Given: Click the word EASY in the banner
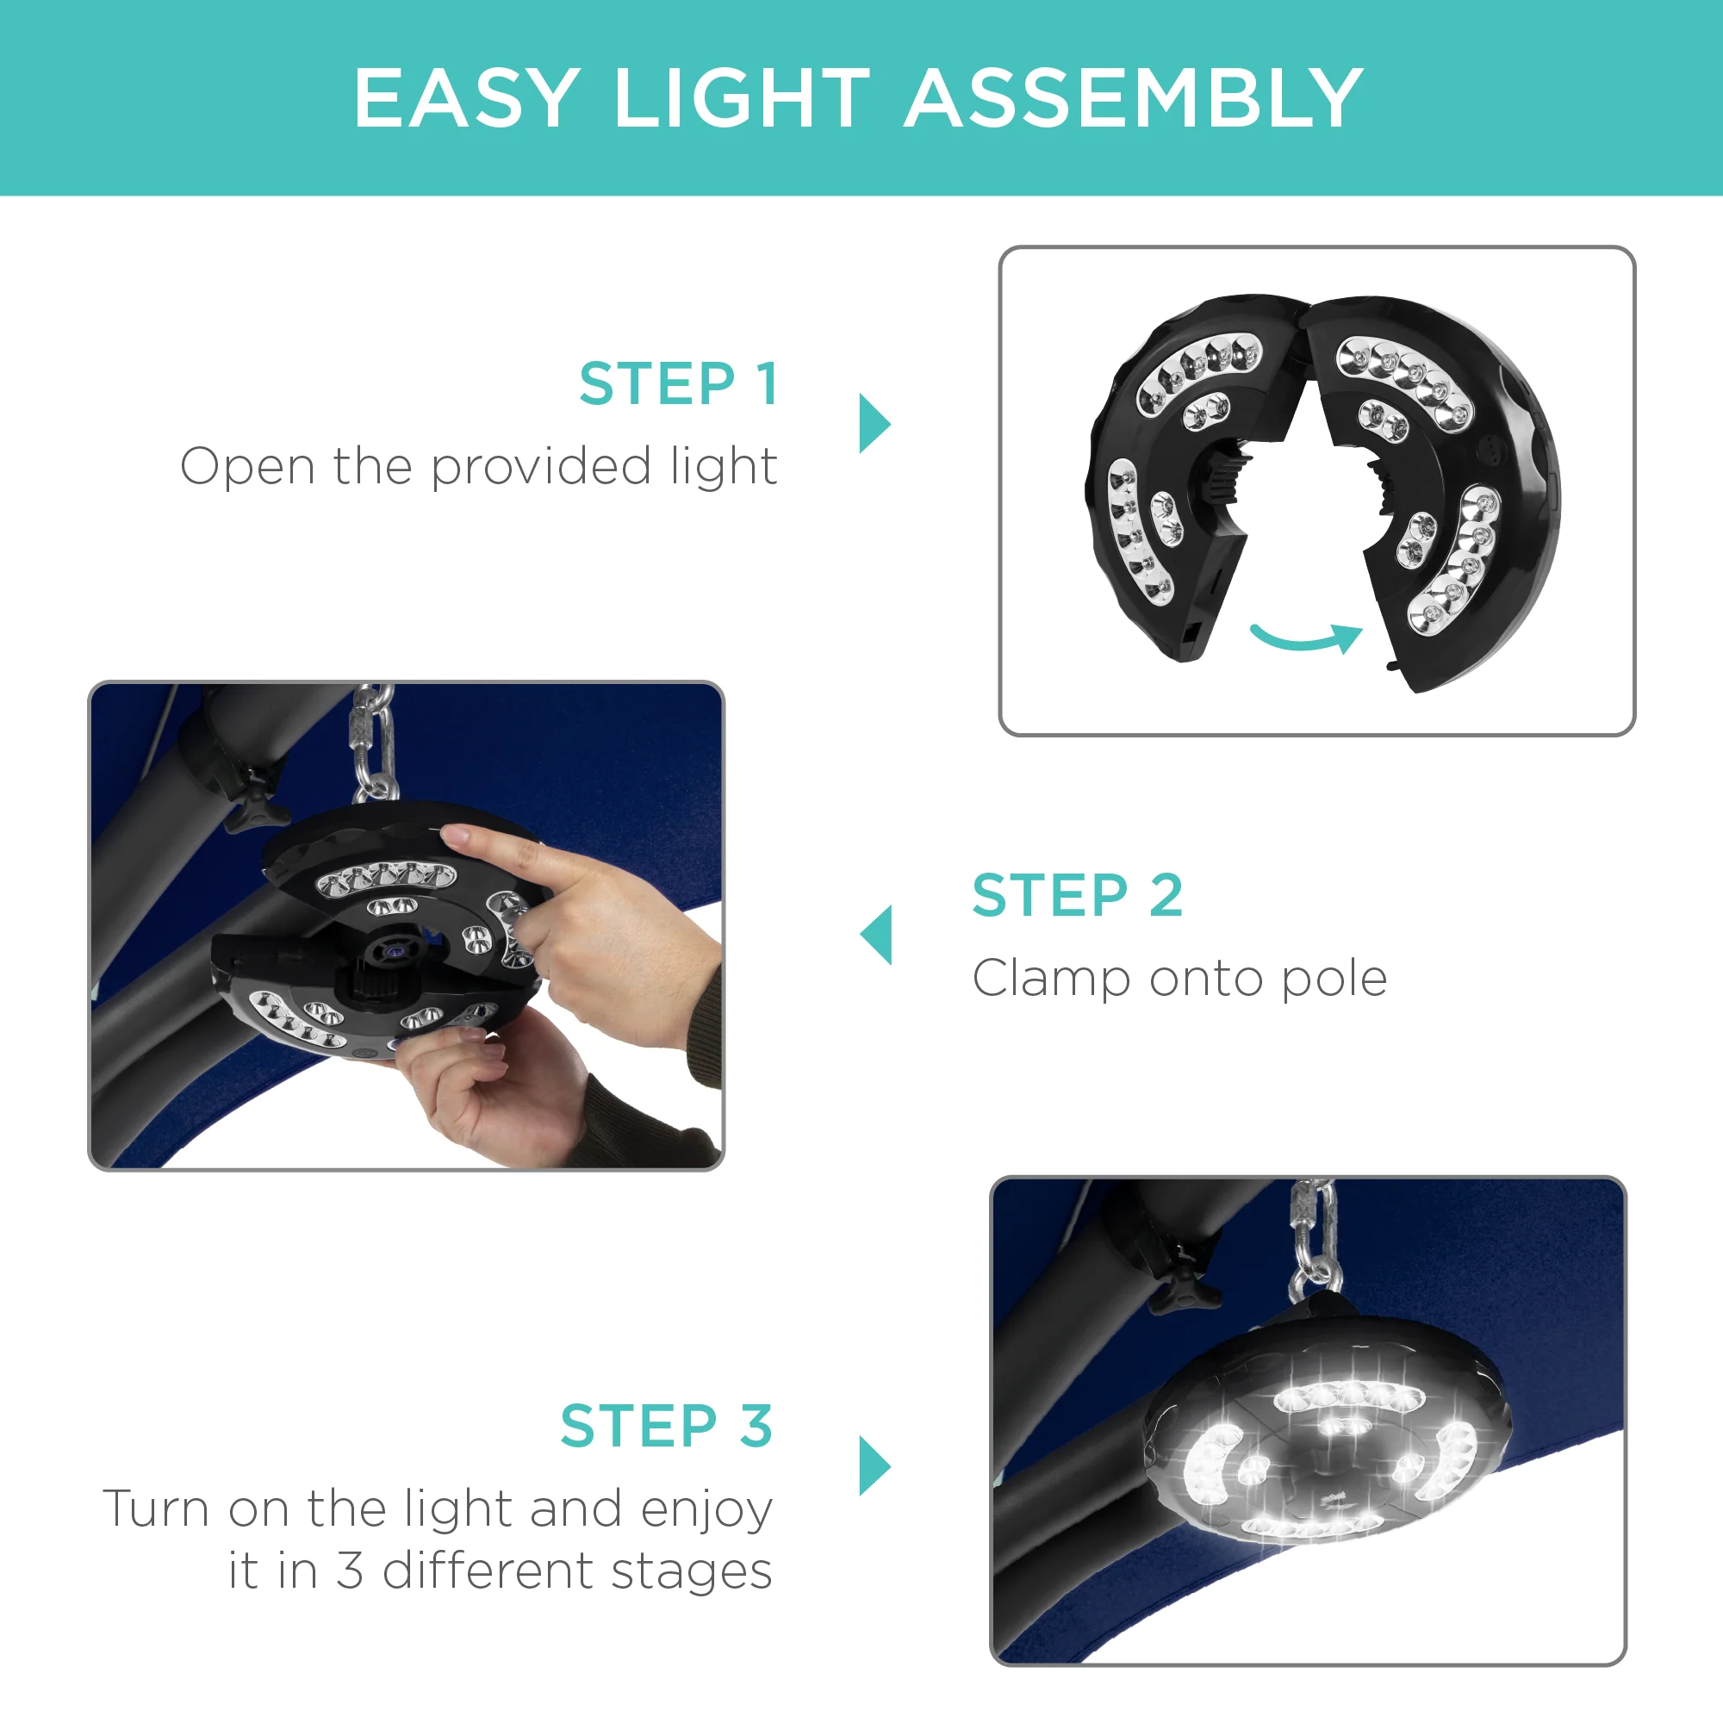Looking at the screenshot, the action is [466, 98].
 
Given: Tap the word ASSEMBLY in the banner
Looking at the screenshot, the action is [1135, 98].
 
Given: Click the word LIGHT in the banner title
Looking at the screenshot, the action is [742, 98].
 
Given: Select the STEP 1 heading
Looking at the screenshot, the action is [679, 384].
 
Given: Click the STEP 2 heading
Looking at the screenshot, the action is [1078, 895].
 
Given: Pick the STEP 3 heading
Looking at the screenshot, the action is [666, 1426].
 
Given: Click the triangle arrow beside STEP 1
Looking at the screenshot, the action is [874, 424].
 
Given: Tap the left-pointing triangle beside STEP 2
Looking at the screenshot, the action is [876, 935].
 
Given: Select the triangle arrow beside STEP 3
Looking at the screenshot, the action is [874, 1465].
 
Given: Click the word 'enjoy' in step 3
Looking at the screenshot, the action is [706, 1511].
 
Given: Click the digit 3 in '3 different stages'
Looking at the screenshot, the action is [350, 1571].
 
